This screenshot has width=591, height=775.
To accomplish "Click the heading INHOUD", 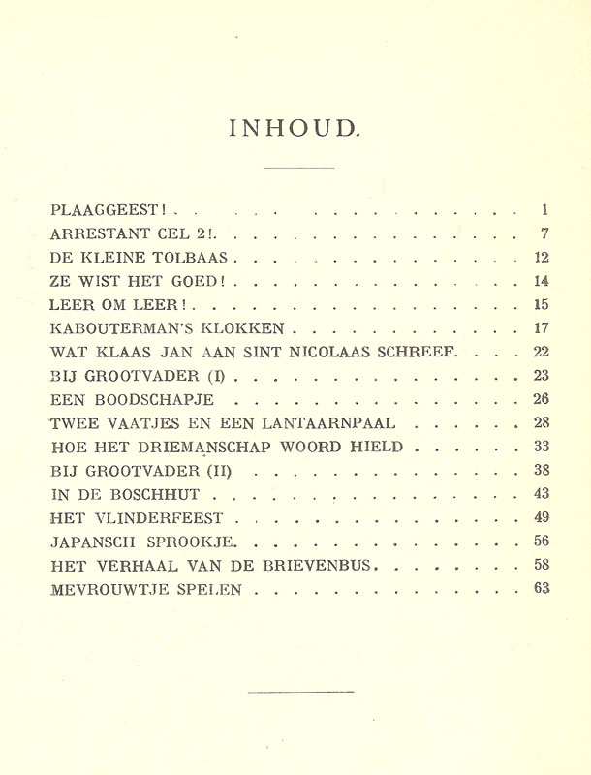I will coord(294,129).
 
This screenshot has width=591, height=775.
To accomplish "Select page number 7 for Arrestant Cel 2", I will coord(545,234).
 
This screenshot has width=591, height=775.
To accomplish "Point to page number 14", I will coord(542,282).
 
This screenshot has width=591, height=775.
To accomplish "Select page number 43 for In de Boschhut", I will coord(542,494).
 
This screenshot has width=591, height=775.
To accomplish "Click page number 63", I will coord(542,588).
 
